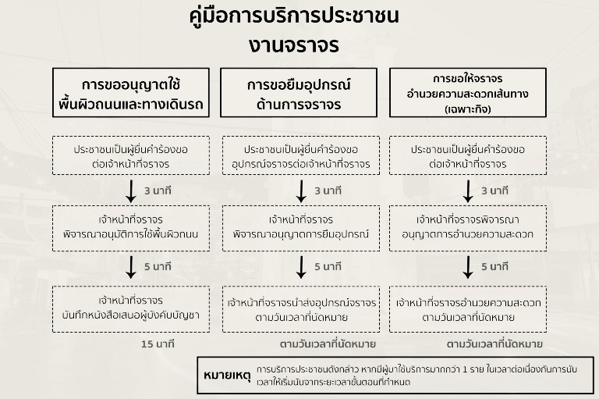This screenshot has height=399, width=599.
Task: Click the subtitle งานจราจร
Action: [x=294, y=45]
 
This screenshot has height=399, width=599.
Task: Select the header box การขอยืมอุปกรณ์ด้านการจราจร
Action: [x=299, y=93]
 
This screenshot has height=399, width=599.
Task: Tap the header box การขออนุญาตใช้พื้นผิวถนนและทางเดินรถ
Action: [x=132, y=93]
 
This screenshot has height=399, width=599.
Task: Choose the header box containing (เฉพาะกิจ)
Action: [x=467, y=93]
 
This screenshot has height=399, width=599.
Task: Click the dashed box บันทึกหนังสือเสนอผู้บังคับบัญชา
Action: [x=131, y=309]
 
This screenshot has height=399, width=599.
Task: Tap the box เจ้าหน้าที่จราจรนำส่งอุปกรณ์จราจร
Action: [x=300, y=309]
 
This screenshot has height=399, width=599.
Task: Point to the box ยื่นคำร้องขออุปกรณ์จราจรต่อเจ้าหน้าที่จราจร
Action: [x=300, y=155]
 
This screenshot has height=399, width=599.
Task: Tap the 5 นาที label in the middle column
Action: [x=328, y=266]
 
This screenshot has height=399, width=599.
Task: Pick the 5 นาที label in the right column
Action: [x=494, y=266]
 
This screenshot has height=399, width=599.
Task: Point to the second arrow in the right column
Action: [x=468, y=266]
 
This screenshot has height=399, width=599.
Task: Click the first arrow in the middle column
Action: [x=301, y=191]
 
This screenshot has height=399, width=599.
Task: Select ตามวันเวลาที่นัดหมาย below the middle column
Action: [x=328, y=344]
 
